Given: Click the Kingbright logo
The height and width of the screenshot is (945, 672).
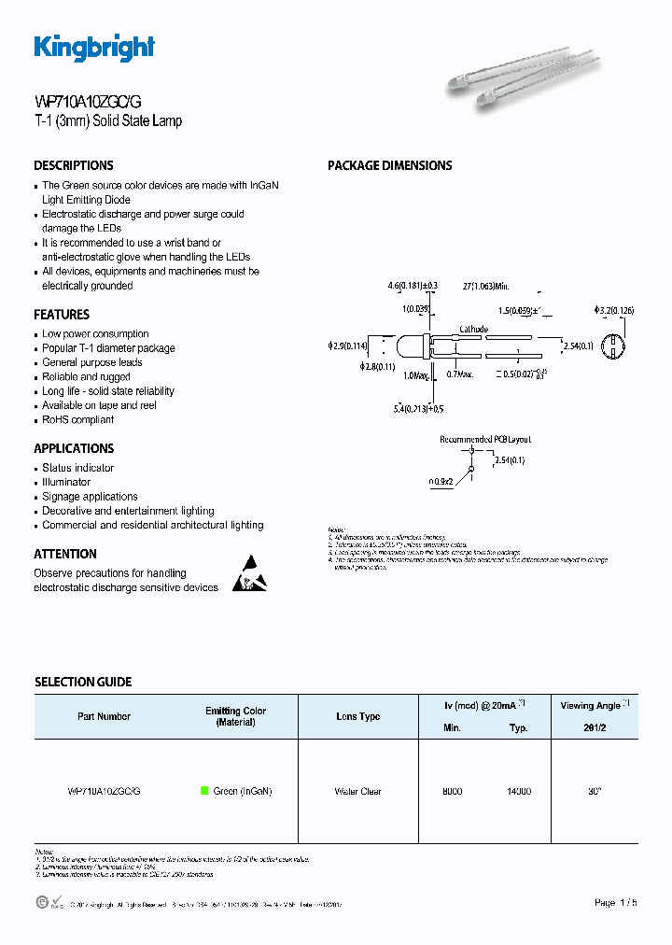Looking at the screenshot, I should [94, 48].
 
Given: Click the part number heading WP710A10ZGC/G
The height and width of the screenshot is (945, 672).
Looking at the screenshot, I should [88, 103].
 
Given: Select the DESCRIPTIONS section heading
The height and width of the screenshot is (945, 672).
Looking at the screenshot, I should [74, 165].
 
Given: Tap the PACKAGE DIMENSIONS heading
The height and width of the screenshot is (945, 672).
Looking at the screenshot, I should [389, 165].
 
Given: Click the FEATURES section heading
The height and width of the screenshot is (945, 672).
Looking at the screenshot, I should [62, 315].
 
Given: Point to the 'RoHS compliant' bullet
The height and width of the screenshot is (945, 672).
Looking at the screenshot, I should [78, 420].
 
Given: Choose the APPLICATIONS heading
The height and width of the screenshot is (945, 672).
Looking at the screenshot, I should [74, 448].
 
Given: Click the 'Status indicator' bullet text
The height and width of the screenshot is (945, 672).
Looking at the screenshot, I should [78, 468].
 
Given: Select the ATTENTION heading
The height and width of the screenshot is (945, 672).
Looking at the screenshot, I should [65, 554].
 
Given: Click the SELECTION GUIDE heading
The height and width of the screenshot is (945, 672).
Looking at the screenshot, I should [83, 682].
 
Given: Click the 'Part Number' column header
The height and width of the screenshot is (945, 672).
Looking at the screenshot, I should [104, 716].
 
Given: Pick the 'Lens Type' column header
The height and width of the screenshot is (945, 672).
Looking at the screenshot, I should [357, 716].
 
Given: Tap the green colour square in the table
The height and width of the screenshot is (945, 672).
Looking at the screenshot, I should [204, 791].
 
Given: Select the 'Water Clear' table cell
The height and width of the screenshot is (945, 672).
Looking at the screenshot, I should [357, 791].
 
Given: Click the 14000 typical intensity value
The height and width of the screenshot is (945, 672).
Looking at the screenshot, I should [518, 791].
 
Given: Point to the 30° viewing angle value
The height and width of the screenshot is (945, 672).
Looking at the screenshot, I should [594, 791].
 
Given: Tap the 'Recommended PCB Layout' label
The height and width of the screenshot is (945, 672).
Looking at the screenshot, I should [484, 438].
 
